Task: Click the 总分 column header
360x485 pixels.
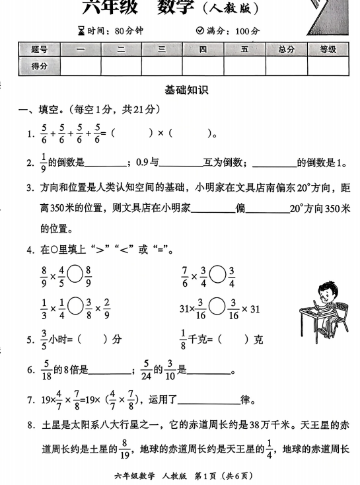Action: [x=286, y=50]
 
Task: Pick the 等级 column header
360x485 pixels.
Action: [x=328, y=50]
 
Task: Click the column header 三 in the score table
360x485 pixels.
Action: [x=162, y=50]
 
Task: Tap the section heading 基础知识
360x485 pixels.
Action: [x=186, y=91]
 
